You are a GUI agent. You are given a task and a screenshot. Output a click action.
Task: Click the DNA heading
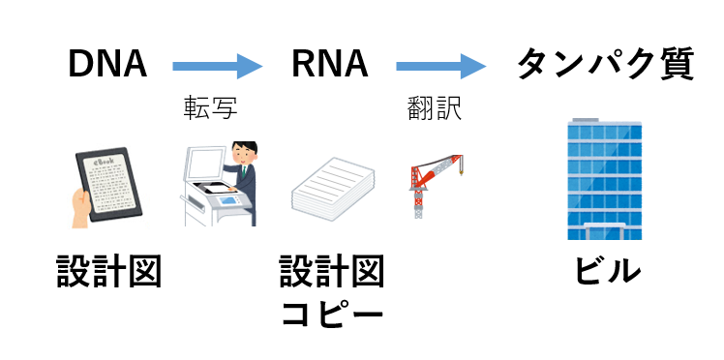point(107,64)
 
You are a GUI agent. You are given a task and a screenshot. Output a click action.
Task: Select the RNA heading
point(330,64)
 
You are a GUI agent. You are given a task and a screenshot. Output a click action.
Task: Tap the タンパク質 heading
point(605,64)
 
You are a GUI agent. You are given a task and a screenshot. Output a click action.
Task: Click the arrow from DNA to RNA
point(218,66)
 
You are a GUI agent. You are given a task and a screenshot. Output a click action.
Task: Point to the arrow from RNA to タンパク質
point(441,66)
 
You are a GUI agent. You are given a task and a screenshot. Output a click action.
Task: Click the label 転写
point(211,108)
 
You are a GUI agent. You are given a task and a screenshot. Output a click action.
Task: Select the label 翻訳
point(435,108)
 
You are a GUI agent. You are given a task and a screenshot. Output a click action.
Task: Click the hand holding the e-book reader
point(80,209)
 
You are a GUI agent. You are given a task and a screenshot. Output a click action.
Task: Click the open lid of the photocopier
point(203,163)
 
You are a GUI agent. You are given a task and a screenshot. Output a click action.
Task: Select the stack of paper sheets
point(332,189)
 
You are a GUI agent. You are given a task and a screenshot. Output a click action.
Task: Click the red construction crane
point(434,186)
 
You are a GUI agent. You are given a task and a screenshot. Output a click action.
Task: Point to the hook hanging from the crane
point(460,171)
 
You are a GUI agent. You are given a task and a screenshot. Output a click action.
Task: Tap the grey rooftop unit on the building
point(586,120)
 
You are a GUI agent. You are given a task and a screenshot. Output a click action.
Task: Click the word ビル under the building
point(606,270)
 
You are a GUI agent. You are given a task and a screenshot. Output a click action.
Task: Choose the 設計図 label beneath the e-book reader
point(108,271)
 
